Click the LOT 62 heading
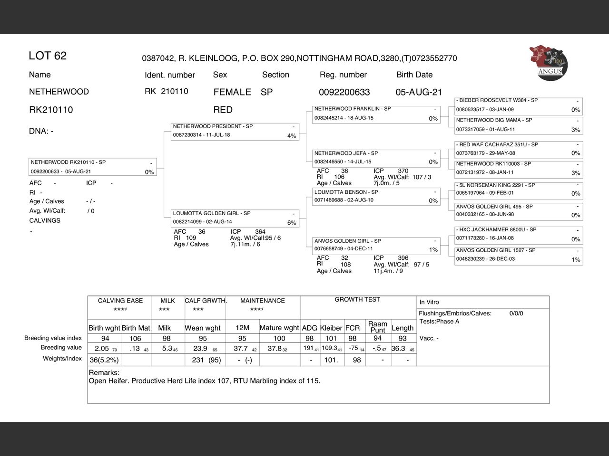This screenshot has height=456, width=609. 48,56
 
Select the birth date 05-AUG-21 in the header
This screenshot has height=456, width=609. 419,92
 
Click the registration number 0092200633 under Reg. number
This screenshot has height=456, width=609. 344,92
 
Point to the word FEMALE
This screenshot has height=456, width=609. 232,92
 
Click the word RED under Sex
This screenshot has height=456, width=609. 223,110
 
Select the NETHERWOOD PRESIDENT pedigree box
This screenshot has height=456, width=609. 235,131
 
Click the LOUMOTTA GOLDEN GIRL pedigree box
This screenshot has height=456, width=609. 235,218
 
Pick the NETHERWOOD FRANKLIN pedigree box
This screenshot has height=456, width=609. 376,114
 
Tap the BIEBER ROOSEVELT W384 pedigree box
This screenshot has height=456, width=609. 519,105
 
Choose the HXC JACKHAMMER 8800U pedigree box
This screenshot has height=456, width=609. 519,234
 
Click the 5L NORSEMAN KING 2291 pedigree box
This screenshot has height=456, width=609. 519,189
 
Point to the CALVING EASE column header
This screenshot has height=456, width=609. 120,301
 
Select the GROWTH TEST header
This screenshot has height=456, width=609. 357,300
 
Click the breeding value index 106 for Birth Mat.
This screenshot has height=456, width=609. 136,338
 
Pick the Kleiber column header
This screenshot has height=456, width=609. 331,328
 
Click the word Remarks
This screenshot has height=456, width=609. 104,373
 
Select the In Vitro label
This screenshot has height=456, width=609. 429,302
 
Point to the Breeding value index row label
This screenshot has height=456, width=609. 53,338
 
